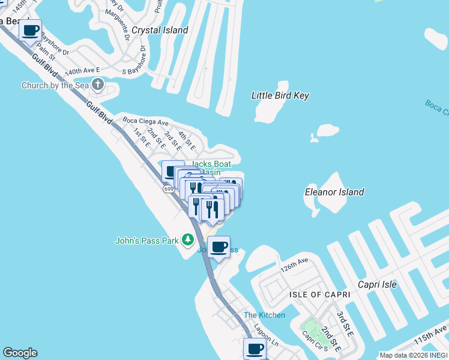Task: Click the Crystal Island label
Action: (160, 30)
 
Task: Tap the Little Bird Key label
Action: (280, 95)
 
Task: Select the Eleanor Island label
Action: (334, 192)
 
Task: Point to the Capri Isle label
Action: (377, 284)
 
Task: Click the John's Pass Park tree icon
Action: (187, 240)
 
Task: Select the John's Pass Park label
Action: (147, 241)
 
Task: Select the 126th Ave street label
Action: (294, 262)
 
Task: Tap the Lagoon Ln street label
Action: (267, 337)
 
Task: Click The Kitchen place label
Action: (264, 315)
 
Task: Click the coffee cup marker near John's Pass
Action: (219, 247)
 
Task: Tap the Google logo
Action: (20, 353)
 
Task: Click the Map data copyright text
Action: (414, 355)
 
